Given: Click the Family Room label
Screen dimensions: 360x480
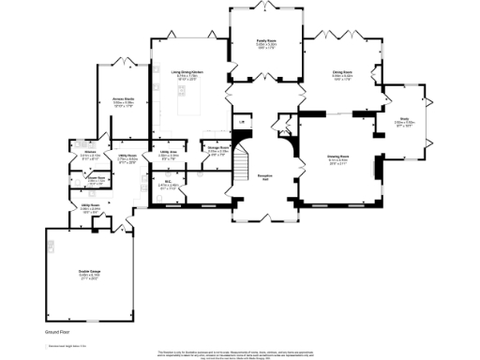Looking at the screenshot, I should pos(267,42).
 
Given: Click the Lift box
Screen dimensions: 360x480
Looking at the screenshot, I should pos(241,122).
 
